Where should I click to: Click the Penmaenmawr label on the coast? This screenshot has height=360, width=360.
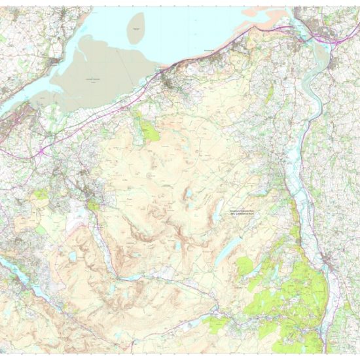coord(209,51)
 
